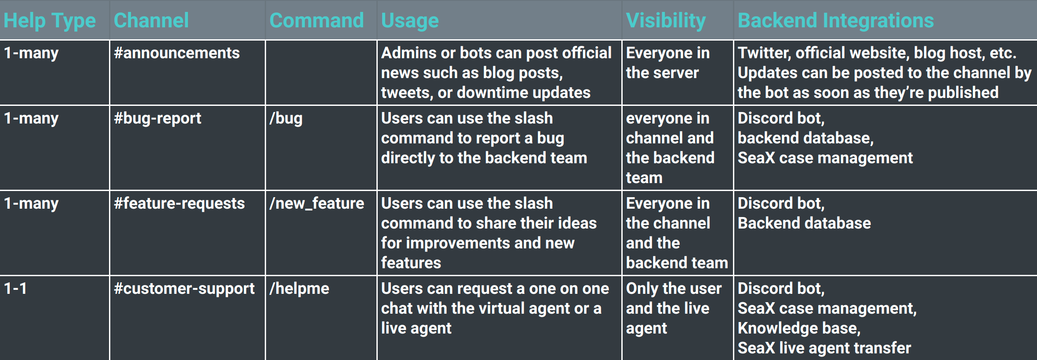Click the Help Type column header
tap(49, 20)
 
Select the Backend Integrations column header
tap(835, 20)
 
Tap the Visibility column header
tap(665, 20)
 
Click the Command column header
tap(316, 20)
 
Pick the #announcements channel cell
tap(177, 53)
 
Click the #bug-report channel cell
tap(157, 118)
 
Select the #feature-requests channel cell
tap(179, 203)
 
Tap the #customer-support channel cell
tap(184, 289)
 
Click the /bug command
tap(286, 118)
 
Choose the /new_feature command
tap(316, 203)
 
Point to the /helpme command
tap(299, 289)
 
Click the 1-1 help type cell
tap(15, 289)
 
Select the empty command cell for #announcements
tap(321, 72)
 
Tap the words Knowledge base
tap(799, 328)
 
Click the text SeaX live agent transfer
tap(824, 348)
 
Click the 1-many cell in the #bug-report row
tap(31, 118)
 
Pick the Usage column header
tap(410, 20)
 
